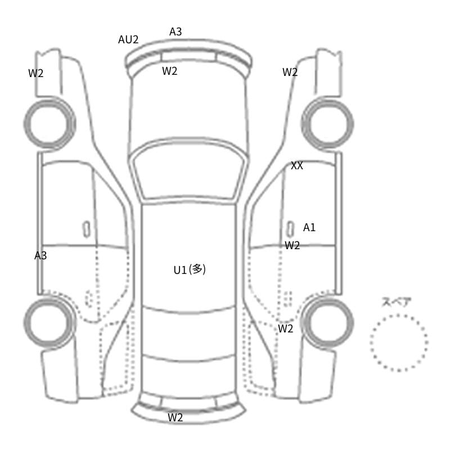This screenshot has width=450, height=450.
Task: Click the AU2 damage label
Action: [x=128, y=39]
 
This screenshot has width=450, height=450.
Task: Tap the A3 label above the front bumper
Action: [x=175, y=31]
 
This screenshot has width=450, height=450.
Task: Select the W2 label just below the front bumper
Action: [x=170, y=71]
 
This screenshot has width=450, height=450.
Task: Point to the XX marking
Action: [x=297, y=165]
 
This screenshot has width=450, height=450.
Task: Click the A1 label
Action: [x=309, y=228]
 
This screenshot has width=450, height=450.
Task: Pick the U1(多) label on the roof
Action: [x=190, y=270]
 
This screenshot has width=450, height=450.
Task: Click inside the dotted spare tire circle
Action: [x=399, y=343]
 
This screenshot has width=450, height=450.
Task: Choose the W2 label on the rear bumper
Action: [x=175, y=417]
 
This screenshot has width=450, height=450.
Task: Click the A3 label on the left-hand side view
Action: [x=40, y=255]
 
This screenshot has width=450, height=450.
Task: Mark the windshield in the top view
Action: [x=189, y=170]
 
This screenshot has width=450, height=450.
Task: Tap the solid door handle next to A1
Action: [x=290, y=229]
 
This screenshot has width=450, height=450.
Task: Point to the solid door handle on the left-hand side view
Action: [x=87, y=229]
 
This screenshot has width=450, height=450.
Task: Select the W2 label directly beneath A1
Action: [x=292, y=245]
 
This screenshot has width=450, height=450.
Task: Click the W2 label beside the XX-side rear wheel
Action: [x=286, y=328]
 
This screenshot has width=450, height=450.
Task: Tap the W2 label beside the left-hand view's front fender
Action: [x=36, y=74]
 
